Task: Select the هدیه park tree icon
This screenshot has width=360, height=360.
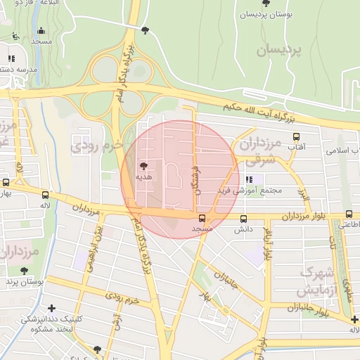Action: (144, 167)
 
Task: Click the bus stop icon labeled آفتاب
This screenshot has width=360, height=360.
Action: (296, 137)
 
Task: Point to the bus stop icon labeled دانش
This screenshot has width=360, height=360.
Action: (243, 219)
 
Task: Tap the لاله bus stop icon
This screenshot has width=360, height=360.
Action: (46, 195)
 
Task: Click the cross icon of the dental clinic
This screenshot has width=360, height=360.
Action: (51, 308)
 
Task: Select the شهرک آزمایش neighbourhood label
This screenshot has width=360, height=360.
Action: (320, 281)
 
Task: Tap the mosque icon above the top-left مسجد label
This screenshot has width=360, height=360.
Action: (41, 31)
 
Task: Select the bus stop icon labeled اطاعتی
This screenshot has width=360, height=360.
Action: (349, 214)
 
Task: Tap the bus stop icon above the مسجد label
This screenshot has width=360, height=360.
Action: (202, 219)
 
